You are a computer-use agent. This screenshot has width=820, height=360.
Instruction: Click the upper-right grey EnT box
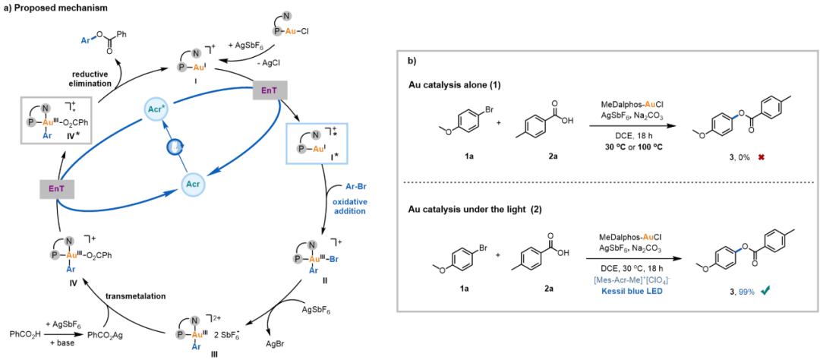tap(268, 90)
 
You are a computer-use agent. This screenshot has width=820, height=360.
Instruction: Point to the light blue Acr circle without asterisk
tap(193, 185)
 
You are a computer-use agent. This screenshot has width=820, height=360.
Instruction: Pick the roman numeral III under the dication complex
tap(197, 354)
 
